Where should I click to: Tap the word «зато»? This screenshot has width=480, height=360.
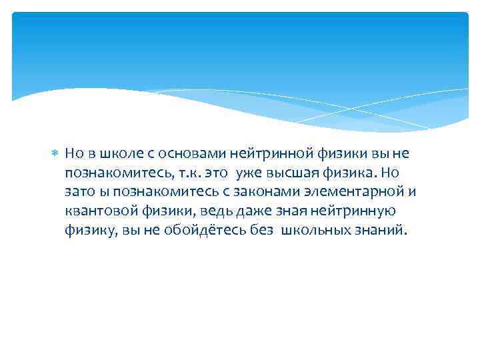point(80,192)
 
